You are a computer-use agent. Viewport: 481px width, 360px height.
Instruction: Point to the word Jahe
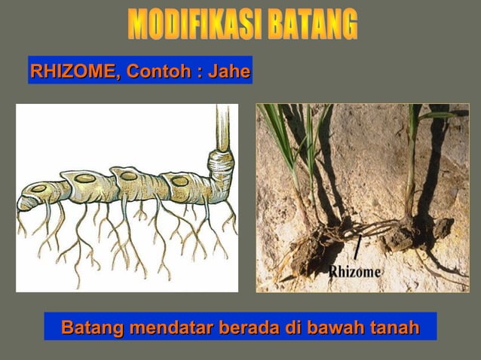click(229, 72)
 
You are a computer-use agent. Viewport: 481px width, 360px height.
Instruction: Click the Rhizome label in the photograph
click(355, 271)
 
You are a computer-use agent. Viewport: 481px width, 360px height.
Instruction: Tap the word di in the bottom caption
click(290, 328)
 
